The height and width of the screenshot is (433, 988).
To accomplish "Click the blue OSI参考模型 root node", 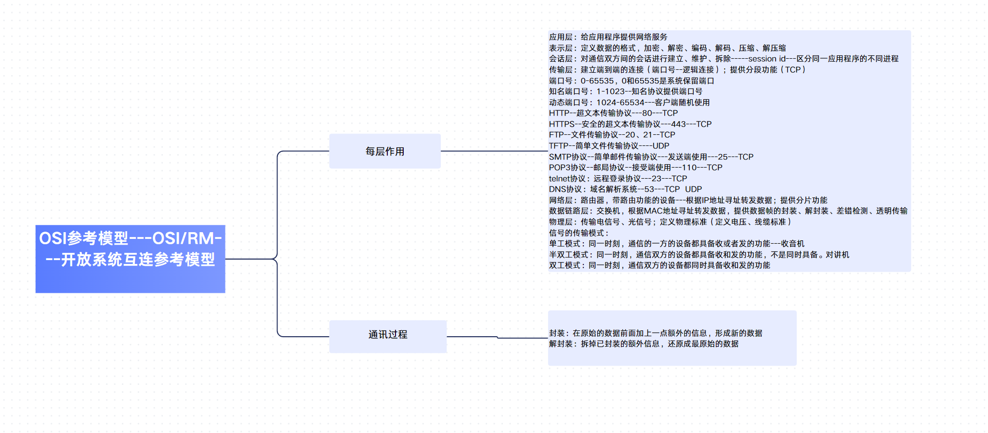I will coord(130,259).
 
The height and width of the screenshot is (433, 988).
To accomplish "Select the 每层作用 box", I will coord(384,151).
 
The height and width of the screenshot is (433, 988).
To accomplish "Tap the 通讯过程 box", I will coord(388,335).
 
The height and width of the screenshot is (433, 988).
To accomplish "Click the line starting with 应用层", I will coord(608,37).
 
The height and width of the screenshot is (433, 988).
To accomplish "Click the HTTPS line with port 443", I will coord(630,124).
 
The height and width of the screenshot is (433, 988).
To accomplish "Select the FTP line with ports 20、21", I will coord(612,135).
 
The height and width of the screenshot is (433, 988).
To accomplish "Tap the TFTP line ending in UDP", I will coord(609,146).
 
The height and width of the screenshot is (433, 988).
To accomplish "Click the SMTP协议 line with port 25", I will coord(651,157).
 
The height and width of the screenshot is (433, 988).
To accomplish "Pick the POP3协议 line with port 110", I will coord(635,168).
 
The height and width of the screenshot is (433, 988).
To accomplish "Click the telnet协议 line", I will coord(618,179).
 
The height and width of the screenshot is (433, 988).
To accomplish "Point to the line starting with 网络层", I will coord(688,200).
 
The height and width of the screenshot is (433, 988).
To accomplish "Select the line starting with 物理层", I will coord(670,222).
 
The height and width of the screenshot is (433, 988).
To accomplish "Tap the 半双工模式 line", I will coord(698,255).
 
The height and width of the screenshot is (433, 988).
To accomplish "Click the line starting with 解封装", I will coord(644,344).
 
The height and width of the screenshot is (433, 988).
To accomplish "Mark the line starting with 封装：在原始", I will coord(655,333).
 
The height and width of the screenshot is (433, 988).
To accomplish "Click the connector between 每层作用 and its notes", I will coord(494,151).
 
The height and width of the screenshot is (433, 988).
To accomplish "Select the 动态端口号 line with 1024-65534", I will coord(629,103).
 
